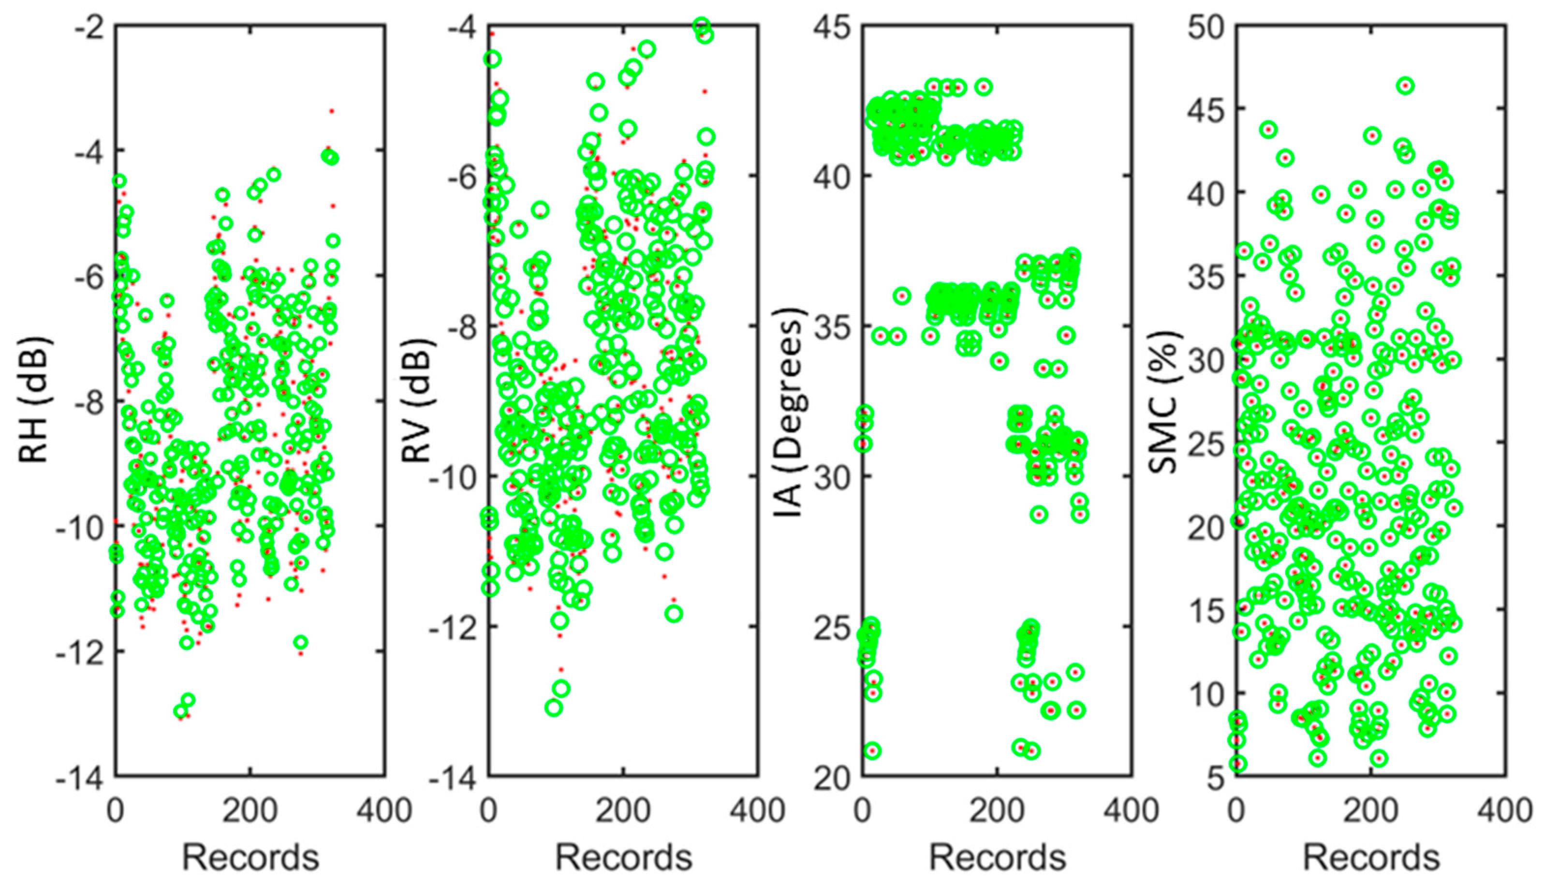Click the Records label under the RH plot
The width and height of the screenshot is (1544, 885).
point(250,857)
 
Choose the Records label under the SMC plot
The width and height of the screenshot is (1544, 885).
point(1371,857)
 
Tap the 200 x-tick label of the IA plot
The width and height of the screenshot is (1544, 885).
point(997,811)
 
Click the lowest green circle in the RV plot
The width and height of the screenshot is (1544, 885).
point(553,708)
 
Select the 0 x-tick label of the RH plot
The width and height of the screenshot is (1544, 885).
point(116,811)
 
